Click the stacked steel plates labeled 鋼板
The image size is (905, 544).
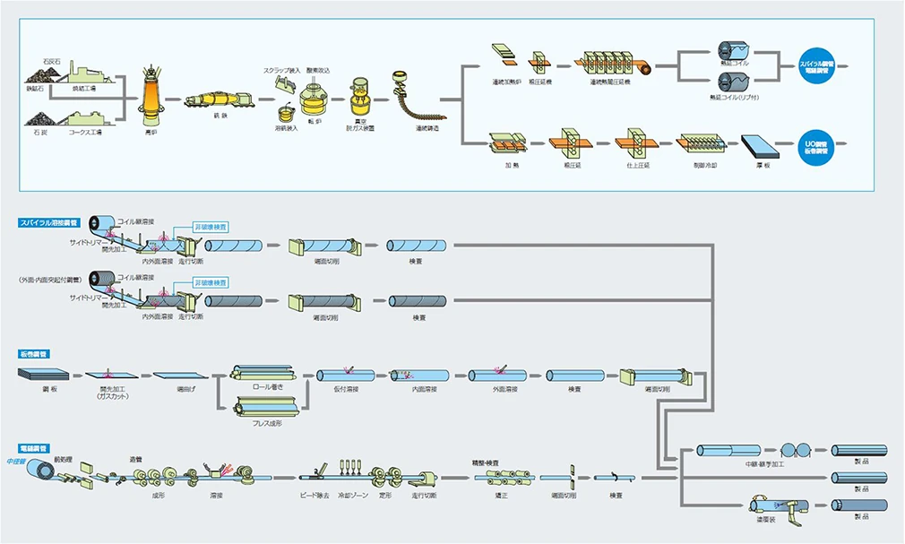tap(35, 375)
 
